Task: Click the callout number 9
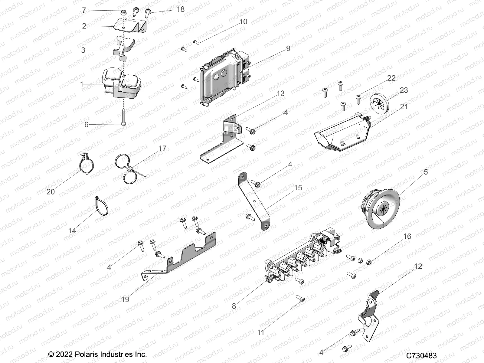pyautogui.click(x=288, y=48)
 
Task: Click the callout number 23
pyautogui.click(x=404, y=90)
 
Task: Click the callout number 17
pyautogui.click(x=162, y=149)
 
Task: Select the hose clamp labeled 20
pyautogui.click(x=87, y=165)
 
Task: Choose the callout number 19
pyautogui.click(x=125, y=299)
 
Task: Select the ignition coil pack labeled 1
pyautogui.click(x=121, y=83)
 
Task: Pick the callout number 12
pyautogui.click(x=418, y=267)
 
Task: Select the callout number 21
pyautogui.click(x=404, y=107)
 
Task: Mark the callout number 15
pyautogui.click(x=298, y=188)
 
